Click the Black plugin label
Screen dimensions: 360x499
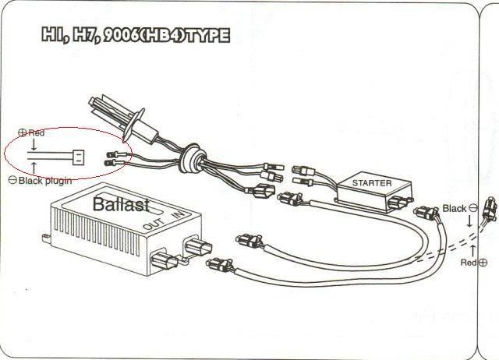pyautogui.click(x=44, y=180)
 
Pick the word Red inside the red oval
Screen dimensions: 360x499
pyautogui.click(x=37, y=133)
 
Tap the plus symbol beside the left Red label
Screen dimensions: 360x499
pyautogui.click(x=22, y=133)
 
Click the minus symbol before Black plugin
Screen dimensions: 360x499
pyautogui.click(x=12, y=180)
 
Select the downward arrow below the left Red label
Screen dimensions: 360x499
pyautogui.click(x=33, y=145)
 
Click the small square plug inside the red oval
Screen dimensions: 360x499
pyautogui.click(x=79, y=156)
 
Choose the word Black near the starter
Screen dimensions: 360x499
pyautogui.click(x=454, y=209)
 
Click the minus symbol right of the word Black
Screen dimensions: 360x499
pyautogui.click(x=472, y=209)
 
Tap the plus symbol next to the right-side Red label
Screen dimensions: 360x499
pyautogui.click(x=483, y=263)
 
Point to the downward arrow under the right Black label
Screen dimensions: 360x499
pyautogui.click(x=470, y=222)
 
